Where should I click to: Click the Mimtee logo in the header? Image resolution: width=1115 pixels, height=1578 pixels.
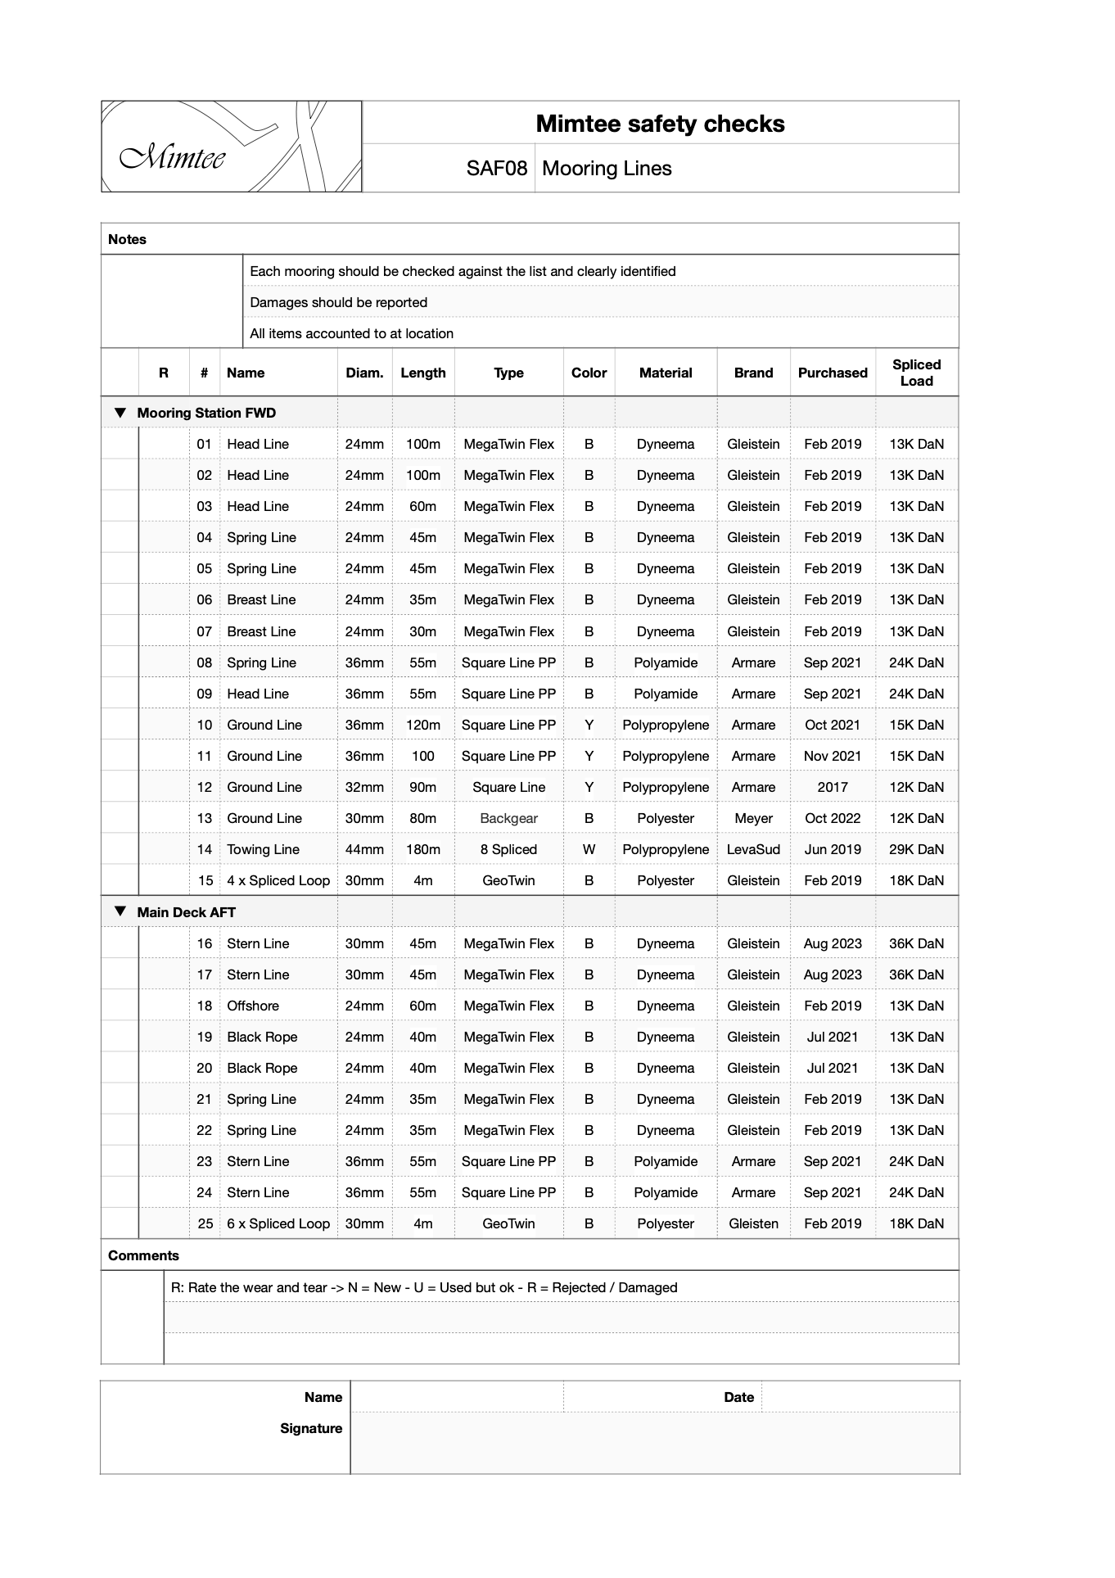pyautogui.click(x=231, y=147)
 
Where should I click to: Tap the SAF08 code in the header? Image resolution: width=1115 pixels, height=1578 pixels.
pyautogui.click(x=496, y=169)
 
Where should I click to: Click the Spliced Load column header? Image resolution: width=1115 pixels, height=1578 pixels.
pyautogui.click(x=916, y=373)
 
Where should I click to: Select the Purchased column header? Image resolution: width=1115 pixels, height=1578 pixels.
pyautogui.click(x=832, y=373)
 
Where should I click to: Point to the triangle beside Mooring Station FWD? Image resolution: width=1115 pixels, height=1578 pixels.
pyautogui.click(x=120, y=413)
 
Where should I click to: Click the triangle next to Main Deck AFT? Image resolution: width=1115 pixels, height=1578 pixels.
pyautogui.click(x=120, y=911)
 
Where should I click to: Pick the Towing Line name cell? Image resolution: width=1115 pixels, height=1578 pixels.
pyautogui.click(x=263, y=849)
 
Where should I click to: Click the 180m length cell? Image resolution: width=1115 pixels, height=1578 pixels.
pyautogui.click(x=422, y=849)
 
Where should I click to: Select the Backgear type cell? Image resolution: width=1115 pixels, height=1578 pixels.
pyautogui.click(x=508, y=818)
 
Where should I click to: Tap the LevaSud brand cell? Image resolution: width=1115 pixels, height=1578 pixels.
pyautogui.click(x=753, y=849)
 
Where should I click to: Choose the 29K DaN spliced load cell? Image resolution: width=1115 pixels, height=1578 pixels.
pyautogui.click(x=916, y=849)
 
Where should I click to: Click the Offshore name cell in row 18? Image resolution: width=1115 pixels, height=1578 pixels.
pyautogui.click(x=253, y=1006)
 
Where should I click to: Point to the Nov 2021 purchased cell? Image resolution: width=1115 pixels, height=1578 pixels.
pyautogui.click(x=832, y=756)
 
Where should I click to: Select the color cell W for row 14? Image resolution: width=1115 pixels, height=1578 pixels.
pyautogui.click(x=589, y=849)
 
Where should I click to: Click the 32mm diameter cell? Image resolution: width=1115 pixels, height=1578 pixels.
pyautogui.click(x=364, y=787)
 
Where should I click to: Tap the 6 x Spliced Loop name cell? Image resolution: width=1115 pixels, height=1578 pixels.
pyautogui.click(x=278, y=1223)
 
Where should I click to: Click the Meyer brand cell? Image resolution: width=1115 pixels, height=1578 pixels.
pyautogui.click(x=753, y=818)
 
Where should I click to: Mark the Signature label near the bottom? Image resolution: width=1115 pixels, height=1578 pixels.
pyautogui.click(x=311, y=1428)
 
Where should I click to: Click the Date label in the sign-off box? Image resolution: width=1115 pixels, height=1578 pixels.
pyautogui.click(x=738, y=1397)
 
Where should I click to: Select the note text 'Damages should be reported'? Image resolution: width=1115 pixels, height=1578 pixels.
pyautogui.click(x=338, y=302)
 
